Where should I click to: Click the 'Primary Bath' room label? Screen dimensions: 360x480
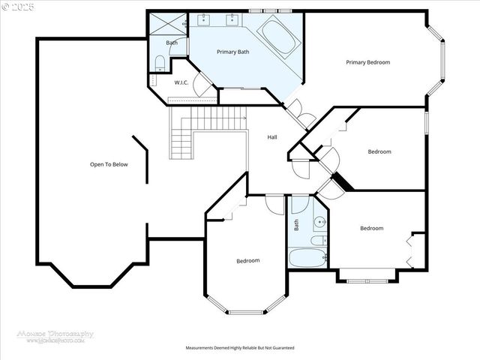point(232,52)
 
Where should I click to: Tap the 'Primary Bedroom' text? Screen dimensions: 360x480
point(367,62)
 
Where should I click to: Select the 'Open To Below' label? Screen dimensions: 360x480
point(109,164)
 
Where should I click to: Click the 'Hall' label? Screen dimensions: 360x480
point(272,137)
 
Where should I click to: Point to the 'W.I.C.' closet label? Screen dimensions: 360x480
point(181,82)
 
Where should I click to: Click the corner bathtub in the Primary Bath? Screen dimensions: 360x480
point(278,36)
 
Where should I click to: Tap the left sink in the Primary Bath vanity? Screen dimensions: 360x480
point(205,19)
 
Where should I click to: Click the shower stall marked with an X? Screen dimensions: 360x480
point(167,23)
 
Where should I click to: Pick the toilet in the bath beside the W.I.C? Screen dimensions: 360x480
point(160,62)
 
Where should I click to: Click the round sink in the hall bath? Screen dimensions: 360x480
point(319,221)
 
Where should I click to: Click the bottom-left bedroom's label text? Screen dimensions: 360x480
point(247,260)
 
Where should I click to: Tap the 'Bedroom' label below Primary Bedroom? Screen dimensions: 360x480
point(379,151)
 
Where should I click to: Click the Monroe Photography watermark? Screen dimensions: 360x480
point(56,336)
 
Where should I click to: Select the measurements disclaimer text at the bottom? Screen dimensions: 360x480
point(240,348)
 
